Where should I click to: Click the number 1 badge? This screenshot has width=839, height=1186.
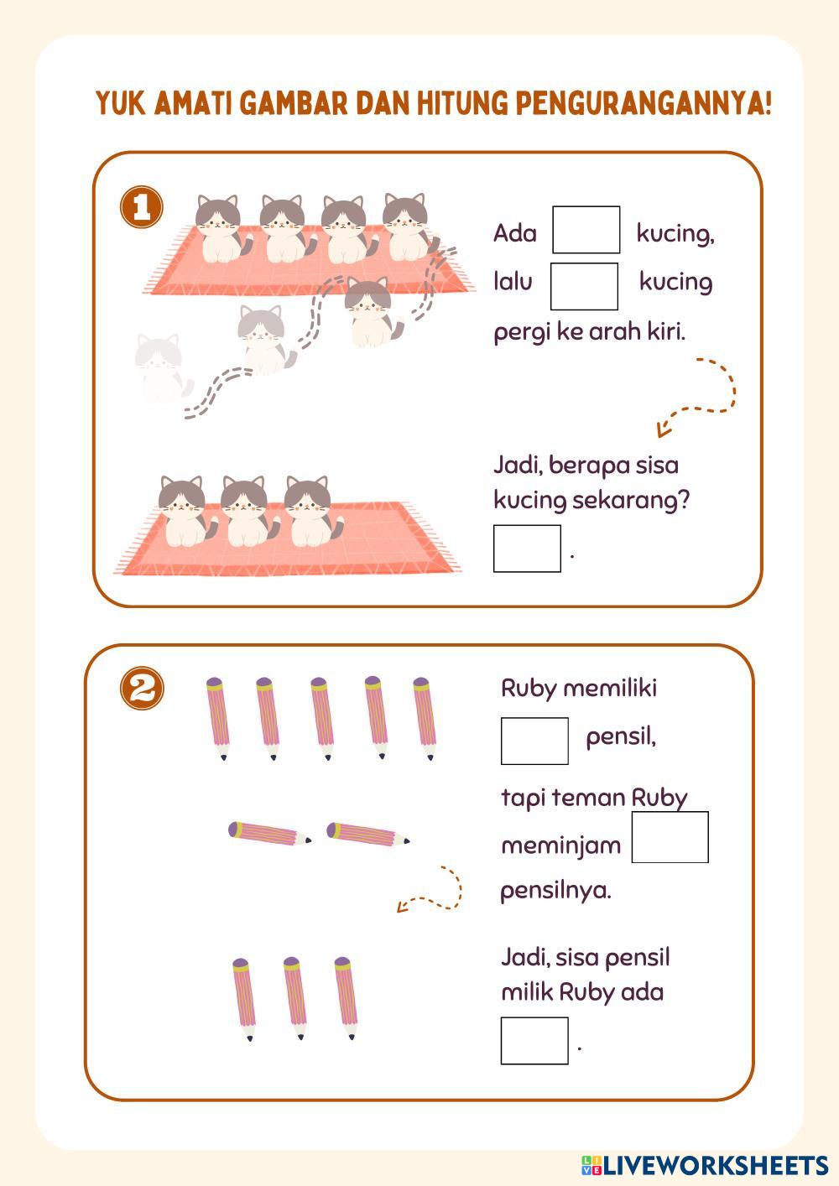tap(142, 207)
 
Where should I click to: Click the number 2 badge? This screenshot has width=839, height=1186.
tap(142, 689)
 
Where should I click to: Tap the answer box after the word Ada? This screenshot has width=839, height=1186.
tap(586, 230)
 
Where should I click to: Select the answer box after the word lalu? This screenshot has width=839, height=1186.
tap(584, 286)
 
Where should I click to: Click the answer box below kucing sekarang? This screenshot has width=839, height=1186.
tap(527, 549)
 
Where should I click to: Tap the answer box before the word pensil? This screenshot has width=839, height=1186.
tap(534, 741)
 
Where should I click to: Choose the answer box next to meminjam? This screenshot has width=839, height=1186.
tap(670, 837)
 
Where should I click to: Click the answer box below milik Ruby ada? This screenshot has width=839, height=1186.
tap(534, 1040)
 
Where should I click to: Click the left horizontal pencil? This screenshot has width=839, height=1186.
tap(268, 833)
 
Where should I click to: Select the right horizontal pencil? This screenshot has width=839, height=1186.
tap(367, 834)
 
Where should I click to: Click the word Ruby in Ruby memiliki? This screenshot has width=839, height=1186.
tap(529, 689)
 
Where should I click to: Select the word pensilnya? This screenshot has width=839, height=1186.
tap(555, 890)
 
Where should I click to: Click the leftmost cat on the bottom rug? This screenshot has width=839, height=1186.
tap(182, 512)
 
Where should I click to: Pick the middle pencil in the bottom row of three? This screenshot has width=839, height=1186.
tap(294, 998)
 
